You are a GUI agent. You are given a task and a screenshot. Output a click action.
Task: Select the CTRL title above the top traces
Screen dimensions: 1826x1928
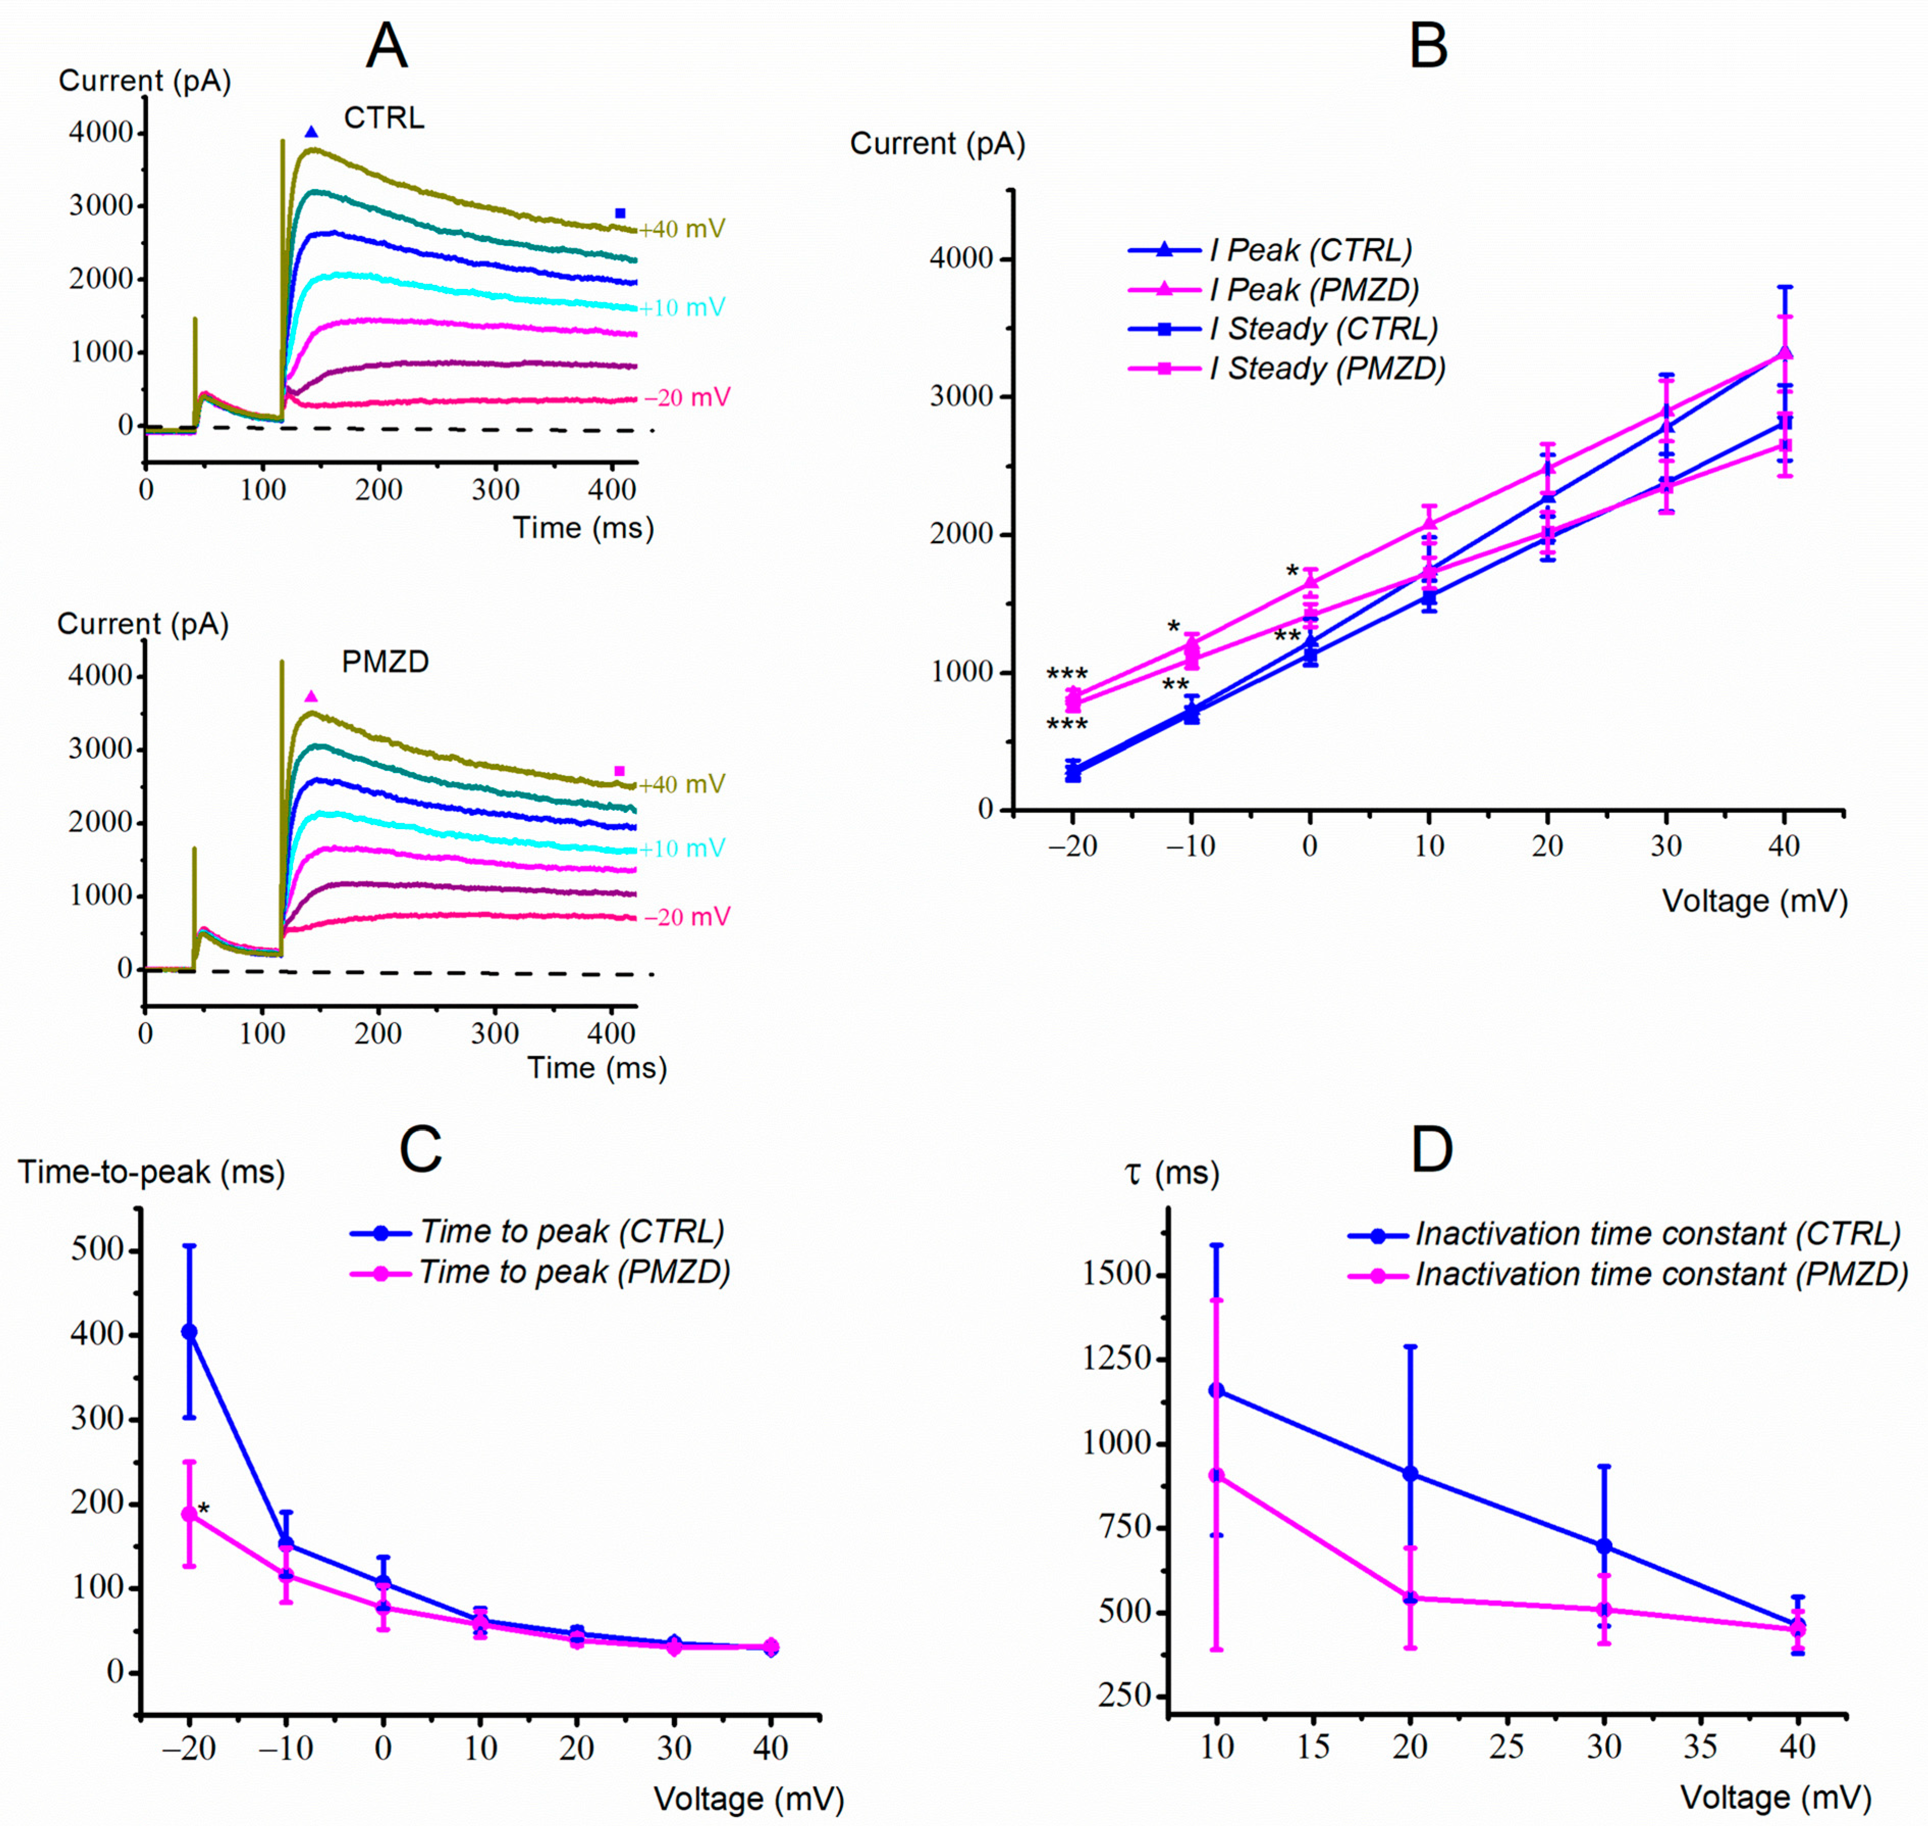[385, 119]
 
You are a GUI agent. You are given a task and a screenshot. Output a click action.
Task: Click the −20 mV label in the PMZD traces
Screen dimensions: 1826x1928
[687, 917]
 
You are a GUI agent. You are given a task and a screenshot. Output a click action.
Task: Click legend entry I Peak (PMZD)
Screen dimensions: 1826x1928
[1314, 290]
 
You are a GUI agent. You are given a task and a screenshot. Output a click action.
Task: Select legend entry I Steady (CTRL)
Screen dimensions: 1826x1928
[1324, 329]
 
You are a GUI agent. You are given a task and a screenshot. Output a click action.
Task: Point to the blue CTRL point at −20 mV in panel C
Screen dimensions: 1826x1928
[190, 1332]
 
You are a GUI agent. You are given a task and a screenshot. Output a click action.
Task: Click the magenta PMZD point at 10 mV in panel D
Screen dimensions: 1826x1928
[1217, 1475]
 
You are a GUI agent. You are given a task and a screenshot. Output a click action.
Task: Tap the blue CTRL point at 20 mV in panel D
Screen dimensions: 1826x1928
[1410, 1474]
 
